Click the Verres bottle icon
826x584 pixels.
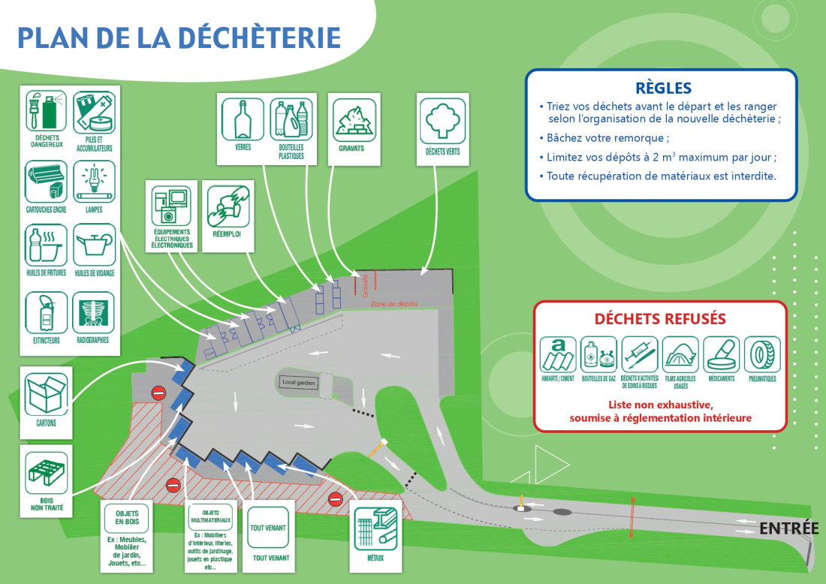coord(243,119)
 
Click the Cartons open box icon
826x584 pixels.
coord(46,393)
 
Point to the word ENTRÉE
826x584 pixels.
coord(788,528)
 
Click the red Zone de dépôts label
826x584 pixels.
coord(394,304)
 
